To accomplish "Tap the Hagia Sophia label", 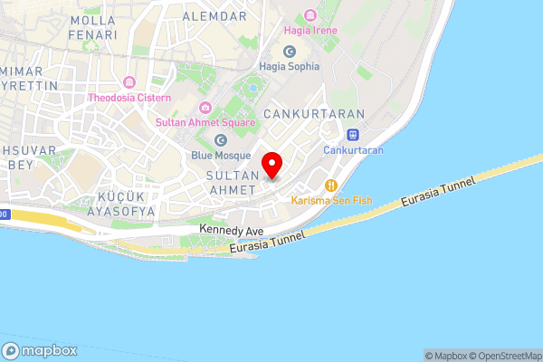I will coord(290,66).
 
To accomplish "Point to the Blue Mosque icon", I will coord(222,139).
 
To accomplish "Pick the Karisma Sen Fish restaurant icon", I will coord(330,185).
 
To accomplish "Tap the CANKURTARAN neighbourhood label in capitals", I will coord(313,114).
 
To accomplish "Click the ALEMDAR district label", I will coord(214,16).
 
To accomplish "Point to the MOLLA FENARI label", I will coord(93,27).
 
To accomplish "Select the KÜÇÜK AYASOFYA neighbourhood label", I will coord(121,204).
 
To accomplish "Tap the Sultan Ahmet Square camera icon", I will coord(205,109).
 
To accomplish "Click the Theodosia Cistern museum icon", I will coord(130,83).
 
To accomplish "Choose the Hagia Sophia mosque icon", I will coord(290,52).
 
